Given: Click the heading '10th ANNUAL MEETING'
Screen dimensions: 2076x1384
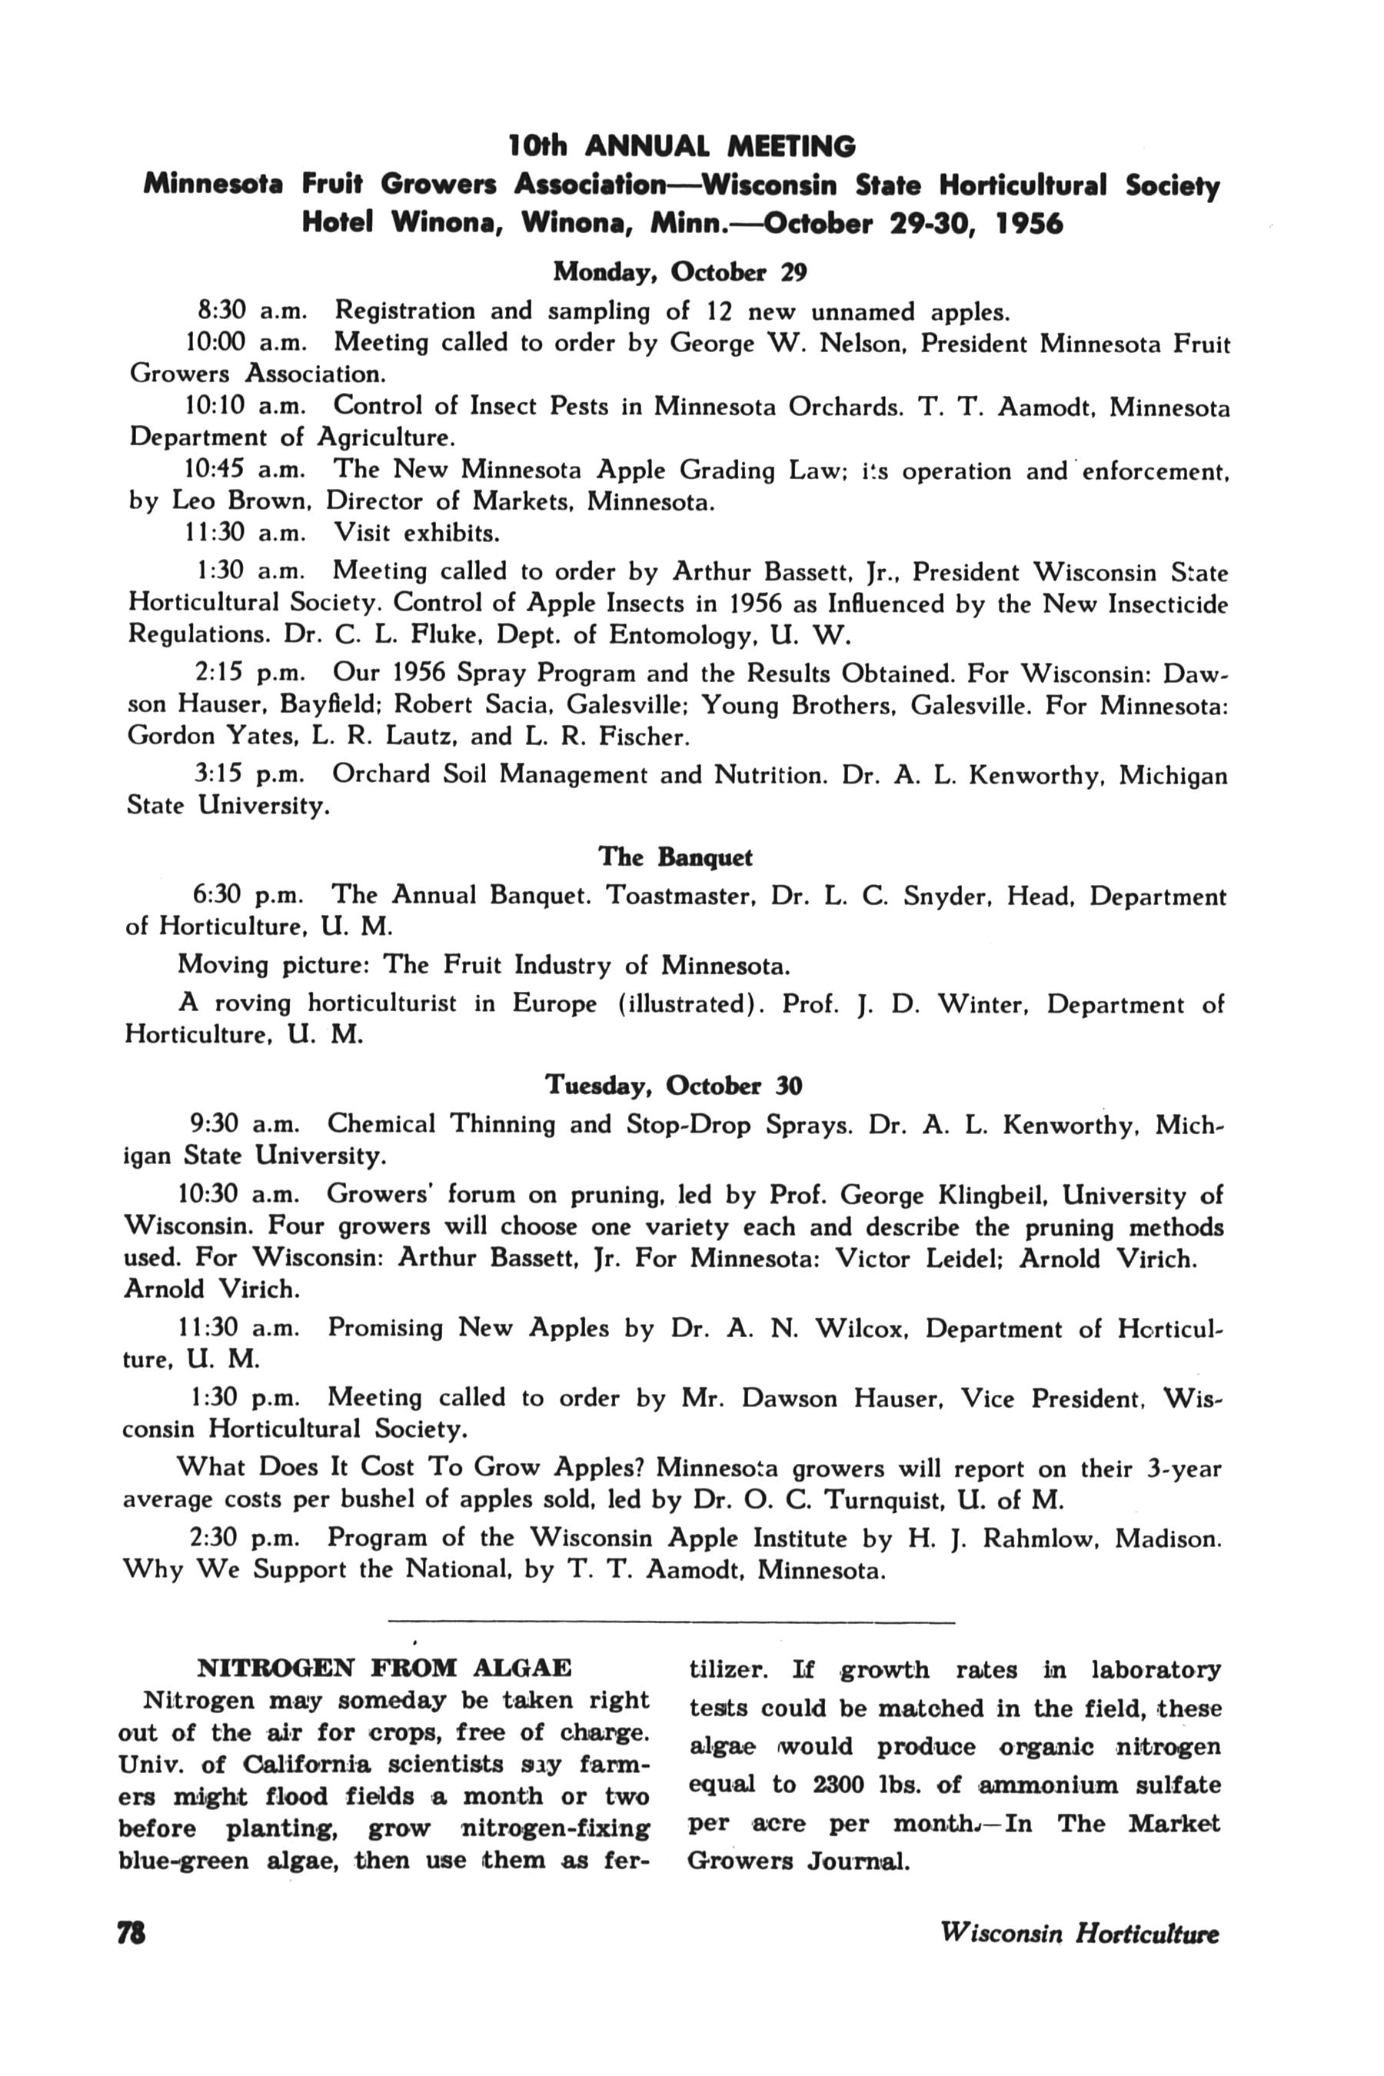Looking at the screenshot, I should (681, 145).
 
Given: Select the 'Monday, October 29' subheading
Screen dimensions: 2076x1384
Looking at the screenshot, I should (680, 272).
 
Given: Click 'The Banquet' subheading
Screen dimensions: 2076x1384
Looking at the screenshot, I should (675, 857).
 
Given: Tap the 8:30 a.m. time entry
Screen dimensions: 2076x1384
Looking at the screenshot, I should (251, 311).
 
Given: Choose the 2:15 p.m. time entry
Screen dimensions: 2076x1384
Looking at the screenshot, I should (250, 673).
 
